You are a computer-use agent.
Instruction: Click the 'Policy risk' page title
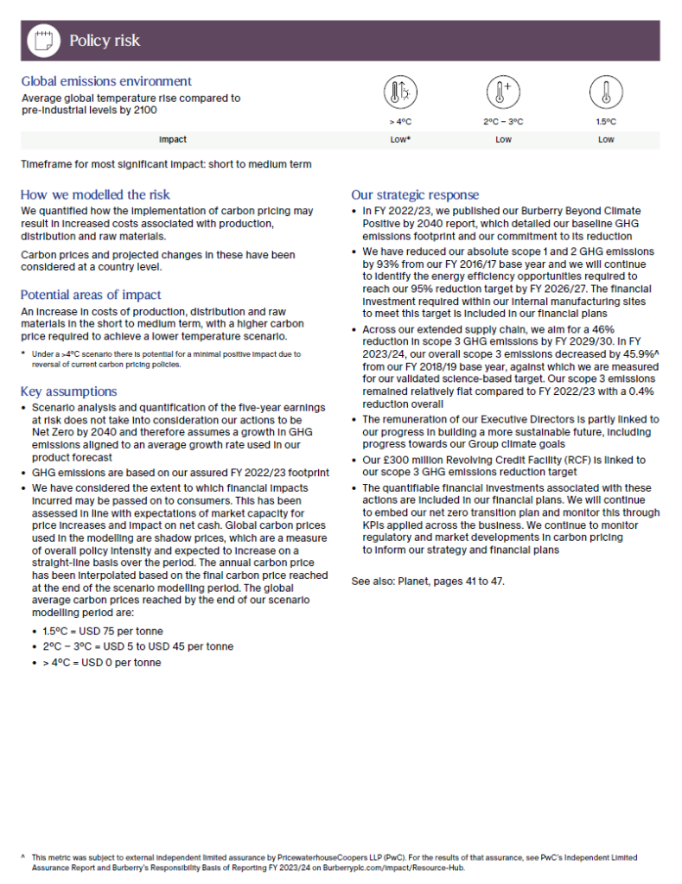104,41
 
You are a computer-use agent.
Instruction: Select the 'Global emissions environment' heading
106,81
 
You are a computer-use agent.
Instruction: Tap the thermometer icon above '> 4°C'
400,92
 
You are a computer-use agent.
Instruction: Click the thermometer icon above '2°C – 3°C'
503,92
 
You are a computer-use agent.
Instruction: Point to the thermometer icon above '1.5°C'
606,92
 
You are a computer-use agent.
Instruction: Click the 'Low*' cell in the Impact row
400,139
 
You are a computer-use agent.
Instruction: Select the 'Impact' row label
173,139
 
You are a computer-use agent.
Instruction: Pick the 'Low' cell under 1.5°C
606,139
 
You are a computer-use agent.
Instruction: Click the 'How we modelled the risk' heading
95,194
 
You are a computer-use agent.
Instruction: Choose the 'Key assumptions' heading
68,391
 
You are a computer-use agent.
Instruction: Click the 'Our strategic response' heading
415,194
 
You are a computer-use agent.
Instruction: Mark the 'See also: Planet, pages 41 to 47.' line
427,581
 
